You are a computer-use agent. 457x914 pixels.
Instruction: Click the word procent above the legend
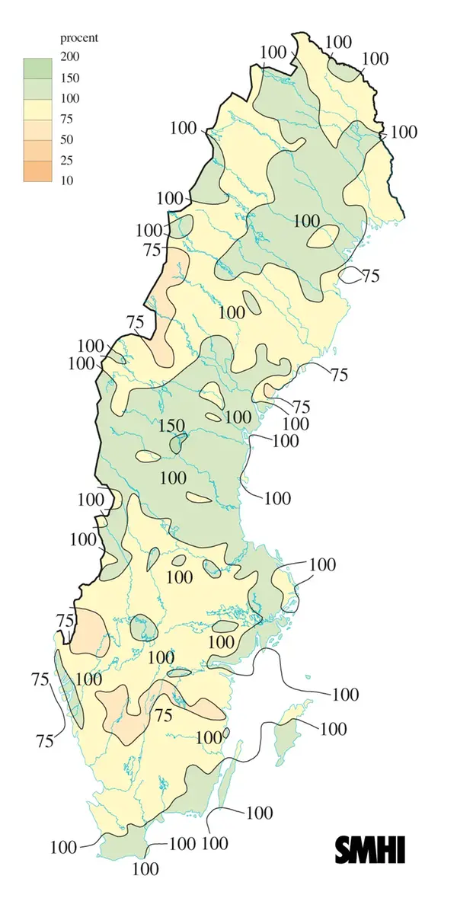pos(80,37)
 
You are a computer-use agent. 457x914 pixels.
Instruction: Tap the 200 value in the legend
pos(71,56)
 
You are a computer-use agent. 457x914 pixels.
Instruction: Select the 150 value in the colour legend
pos(71,78)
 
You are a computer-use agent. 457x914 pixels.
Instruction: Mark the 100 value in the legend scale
pos(71,98)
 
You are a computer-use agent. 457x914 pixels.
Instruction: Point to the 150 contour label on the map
pos(171,425)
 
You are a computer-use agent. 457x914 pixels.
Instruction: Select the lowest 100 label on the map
pos(145,868)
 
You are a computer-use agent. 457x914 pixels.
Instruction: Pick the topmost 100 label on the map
pos(339,41)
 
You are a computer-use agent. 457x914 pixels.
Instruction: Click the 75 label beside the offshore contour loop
pos(371,276)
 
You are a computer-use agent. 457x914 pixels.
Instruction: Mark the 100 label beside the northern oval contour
pos(306,221)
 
